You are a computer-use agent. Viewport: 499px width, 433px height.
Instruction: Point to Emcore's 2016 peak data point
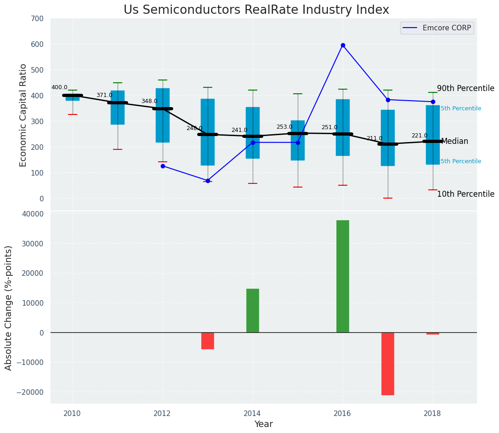tap(343, 46)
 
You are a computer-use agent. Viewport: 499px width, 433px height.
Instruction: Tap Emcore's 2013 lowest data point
tap(208, 181)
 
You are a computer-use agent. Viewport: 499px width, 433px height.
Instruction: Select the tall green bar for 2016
tap(343, 276)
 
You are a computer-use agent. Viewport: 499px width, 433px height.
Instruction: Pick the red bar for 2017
tap(388, 363)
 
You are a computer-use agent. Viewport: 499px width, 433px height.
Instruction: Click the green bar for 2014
tap(253, 310)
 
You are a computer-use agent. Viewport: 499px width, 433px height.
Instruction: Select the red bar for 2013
tap(208, 341)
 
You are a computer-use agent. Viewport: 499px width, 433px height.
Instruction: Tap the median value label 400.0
tap(59, 87)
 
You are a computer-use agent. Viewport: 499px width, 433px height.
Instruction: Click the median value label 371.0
tap(104, 95)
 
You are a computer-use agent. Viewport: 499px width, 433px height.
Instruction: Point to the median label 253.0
tap(284, 127)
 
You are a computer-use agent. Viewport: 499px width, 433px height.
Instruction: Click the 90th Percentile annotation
tap(465, 88)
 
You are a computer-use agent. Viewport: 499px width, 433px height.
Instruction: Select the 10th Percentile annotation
tap(465, 194)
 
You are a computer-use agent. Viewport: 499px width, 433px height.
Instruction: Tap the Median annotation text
tap(454, 141)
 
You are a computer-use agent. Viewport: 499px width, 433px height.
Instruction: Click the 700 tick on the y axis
tap(37, 19)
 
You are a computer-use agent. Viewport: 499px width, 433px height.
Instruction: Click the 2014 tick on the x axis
tap(253, 413)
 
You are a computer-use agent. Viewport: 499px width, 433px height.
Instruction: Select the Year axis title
tap(264, 424)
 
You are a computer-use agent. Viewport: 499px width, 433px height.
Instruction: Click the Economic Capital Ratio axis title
tap(23, 115)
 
